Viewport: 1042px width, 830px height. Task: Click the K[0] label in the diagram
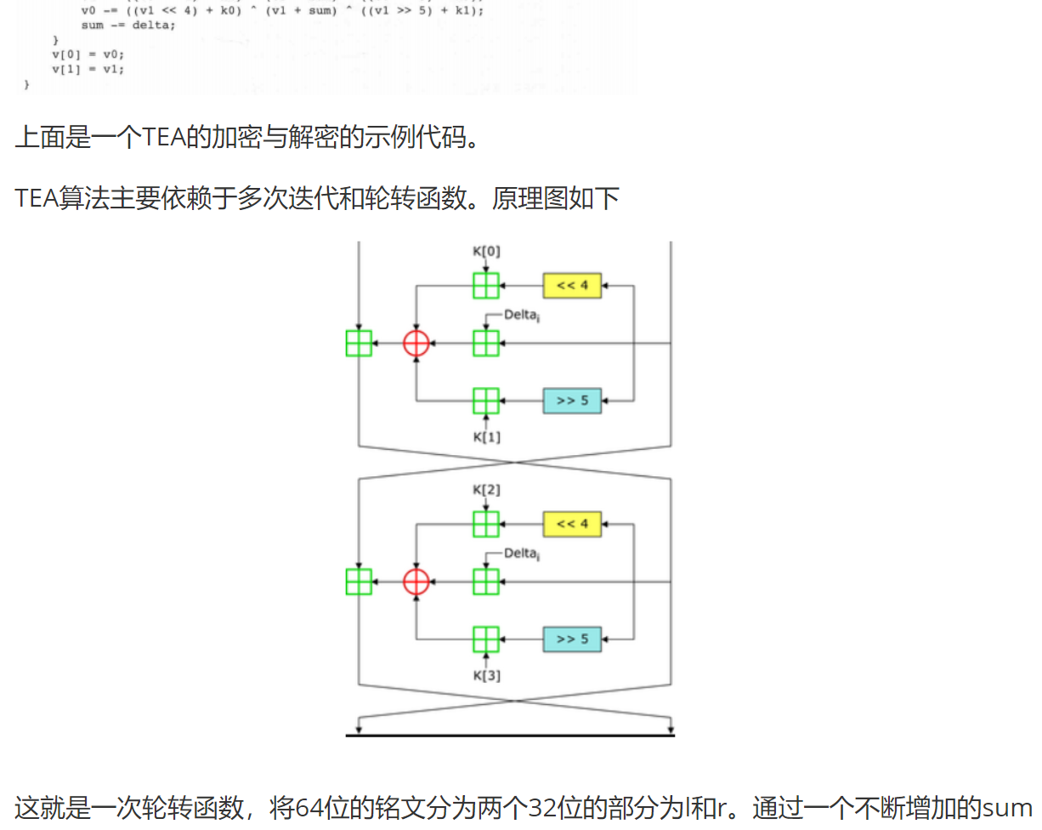486,252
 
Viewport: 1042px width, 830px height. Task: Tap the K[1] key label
486,437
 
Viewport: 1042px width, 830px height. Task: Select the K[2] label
486,490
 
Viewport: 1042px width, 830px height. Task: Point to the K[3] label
486,676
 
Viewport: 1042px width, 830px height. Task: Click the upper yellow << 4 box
572,285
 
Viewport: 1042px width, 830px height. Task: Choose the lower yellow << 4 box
572,523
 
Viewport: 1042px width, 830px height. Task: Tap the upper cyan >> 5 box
572,400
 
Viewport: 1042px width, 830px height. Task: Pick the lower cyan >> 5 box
572,639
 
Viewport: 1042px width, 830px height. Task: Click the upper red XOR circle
416,343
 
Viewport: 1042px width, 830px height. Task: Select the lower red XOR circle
416,582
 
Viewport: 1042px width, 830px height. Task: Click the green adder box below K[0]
486,285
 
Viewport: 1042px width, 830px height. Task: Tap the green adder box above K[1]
486,400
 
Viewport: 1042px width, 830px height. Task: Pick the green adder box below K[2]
486,523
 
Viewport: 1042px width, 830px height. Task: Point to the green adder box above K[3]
486,639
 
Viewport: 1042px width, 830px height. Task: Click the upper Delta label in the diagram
521,315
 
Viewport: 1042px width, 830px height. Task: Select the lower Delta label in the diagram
521,554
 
